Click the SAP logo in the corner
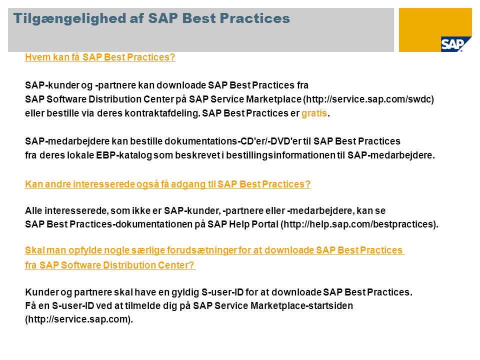[452, 44]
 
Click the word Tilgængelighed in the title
[69, 18]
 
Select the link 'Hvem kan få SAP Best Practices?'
[100, 57]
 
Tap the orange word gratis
[314, 113]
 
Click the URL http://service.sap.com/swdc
[368, 99]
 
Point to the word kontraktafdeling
[162, 113]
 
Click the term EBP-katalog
[124, 155]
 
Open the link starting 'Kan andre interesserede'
[168, 184]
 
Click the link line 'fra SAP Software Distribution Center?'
[110, 265]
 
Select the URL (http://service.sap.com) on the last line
[79, 319]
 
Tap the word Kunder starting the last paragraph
[41, 292]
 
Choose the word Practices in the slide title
[254, 18]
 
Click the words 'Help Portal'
[253, 224]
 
